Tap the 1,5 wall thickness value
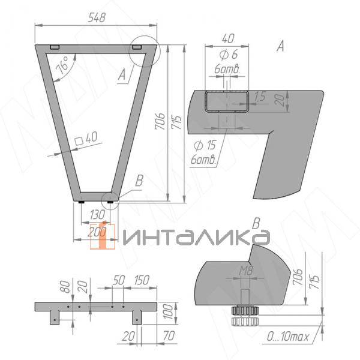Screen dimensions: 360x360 click(x=259, y=96)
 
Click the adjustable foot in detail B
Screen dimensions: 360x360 click(x=245, y=313)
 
